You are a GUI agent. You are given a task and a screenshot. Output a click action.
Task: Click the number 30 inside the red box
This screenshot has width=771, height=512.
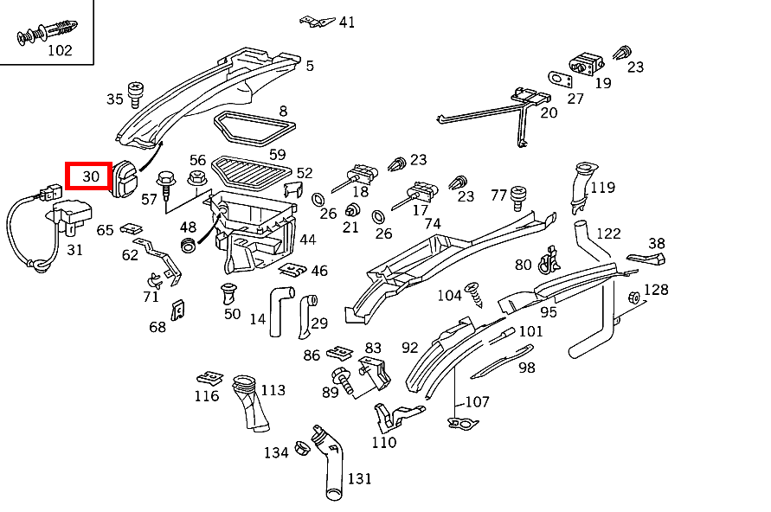click(x=91, y=176)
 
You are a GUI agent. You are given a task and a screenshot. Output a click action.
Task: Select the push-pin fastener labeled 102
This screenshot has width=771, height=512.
click(x=48, y=32)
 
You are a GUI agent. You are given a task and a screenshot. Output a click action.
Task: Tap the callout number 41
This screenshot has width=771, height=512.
click(x=347, y=22)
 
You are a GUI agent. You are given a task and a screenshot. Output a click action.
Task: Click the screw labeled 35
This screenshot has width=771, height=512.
click(x=135, y=95)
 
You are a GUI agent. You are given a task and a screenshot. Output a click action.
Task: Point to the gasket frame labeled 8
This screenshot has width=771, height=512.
click(x=254, y=129)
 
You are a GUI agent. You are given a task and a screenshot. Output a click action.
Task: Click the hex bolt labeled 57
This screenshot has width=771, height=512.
click(x=166, y=185)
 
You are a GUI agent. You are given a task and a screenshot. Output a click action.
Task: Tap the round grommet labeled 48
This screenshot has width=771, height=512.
click(x=187, y=244)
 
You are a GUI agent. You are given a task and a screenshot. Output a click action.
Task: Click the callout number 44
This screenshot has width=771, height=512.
click(x=308, y=240)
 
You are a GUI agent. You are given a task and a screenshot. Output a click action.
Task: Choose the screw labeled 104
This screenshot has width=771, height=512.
click(x=474, y=294)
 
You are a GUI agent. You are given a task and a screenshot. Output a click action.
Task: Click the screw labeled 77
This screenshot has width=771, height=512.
click(x=517, y=198)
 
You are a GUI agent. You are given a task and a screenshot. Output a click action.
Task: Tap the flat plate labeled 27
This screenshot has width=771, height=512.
click(x=560, y=80)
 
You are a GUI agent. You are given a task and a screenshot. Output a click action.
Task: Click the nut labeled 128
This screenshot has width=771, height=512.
click(x=633, y=298)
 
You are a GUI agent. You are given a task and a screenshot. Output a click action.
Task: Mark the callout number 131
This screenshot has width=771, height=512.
click(x=359, y=478)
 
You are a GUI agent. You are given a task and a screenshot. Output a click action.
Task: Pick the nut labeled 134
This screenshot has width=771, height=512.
click(x=302, y=448)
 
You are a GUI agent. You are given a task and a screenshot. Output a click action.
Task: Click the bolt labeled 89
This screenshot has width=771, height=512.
click(x=344, y=380)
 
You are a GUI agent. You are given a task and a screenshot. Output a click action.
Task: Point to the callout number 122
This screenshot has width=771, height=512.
click(x=608, y=234)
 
